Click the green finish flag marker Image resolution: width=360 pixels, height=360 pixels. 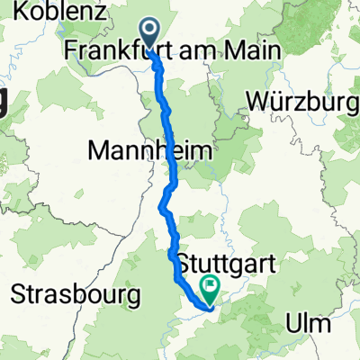point(211,289)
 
